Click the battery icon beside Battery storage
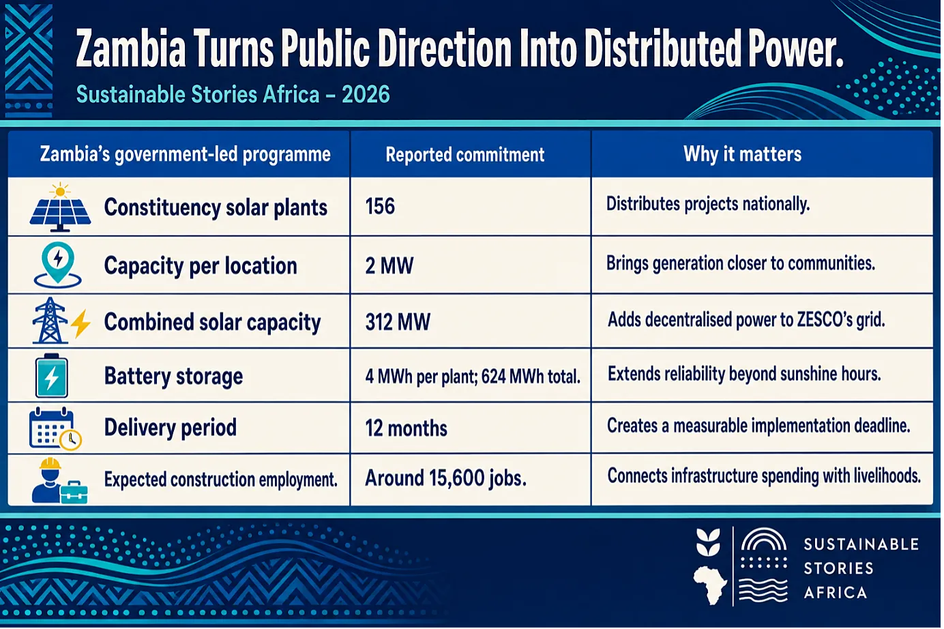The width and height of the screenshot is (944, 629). [x=51, y=376]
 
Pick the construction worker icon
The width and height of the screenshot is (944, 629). [x=59, y=480]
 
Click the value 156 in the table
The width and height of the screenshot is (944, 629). [x=380, y=207]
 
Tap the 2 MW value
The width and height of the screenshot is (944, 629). [x=389, y=265]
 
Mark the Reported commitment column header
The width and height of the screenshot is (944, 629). [x=464, y=155]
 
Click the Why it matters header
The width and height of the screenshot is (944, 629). [x=743, y=154]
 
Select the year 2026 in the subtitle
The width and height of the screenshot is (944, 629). [x=366, y=94]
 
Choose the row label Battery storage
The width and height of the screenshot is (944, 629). [x=174, y=376]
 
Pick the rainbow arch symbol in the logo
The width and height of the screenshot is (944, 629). [x=764, y=539]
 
